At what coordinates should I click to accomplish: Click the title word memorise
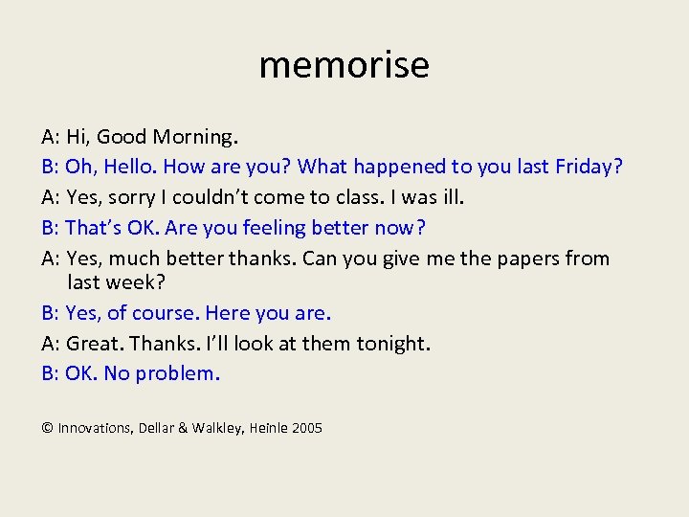(x=344, y=65)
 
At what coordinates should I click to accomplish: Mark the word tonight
(x=393, y=343)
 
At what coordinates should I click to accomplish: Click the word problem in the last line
(x=177, y=373)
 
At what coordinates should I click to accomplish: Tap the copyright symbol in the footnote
(x=47, y=428)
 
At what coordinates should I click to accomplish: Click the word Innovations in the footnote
(x=94, y=428)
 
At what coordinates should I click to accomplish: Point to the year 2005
(x=307, y=428)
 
